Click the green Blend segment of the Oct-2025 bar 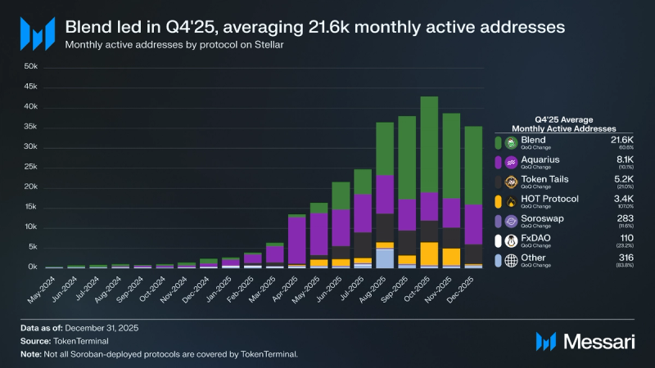(429, 144)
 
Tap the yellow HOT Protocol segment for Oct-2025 (429, 254)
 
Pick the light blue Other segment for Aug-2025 (386, 258)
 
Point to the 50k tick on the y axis (30, 67)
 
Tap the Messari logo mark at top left (37, 34)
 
